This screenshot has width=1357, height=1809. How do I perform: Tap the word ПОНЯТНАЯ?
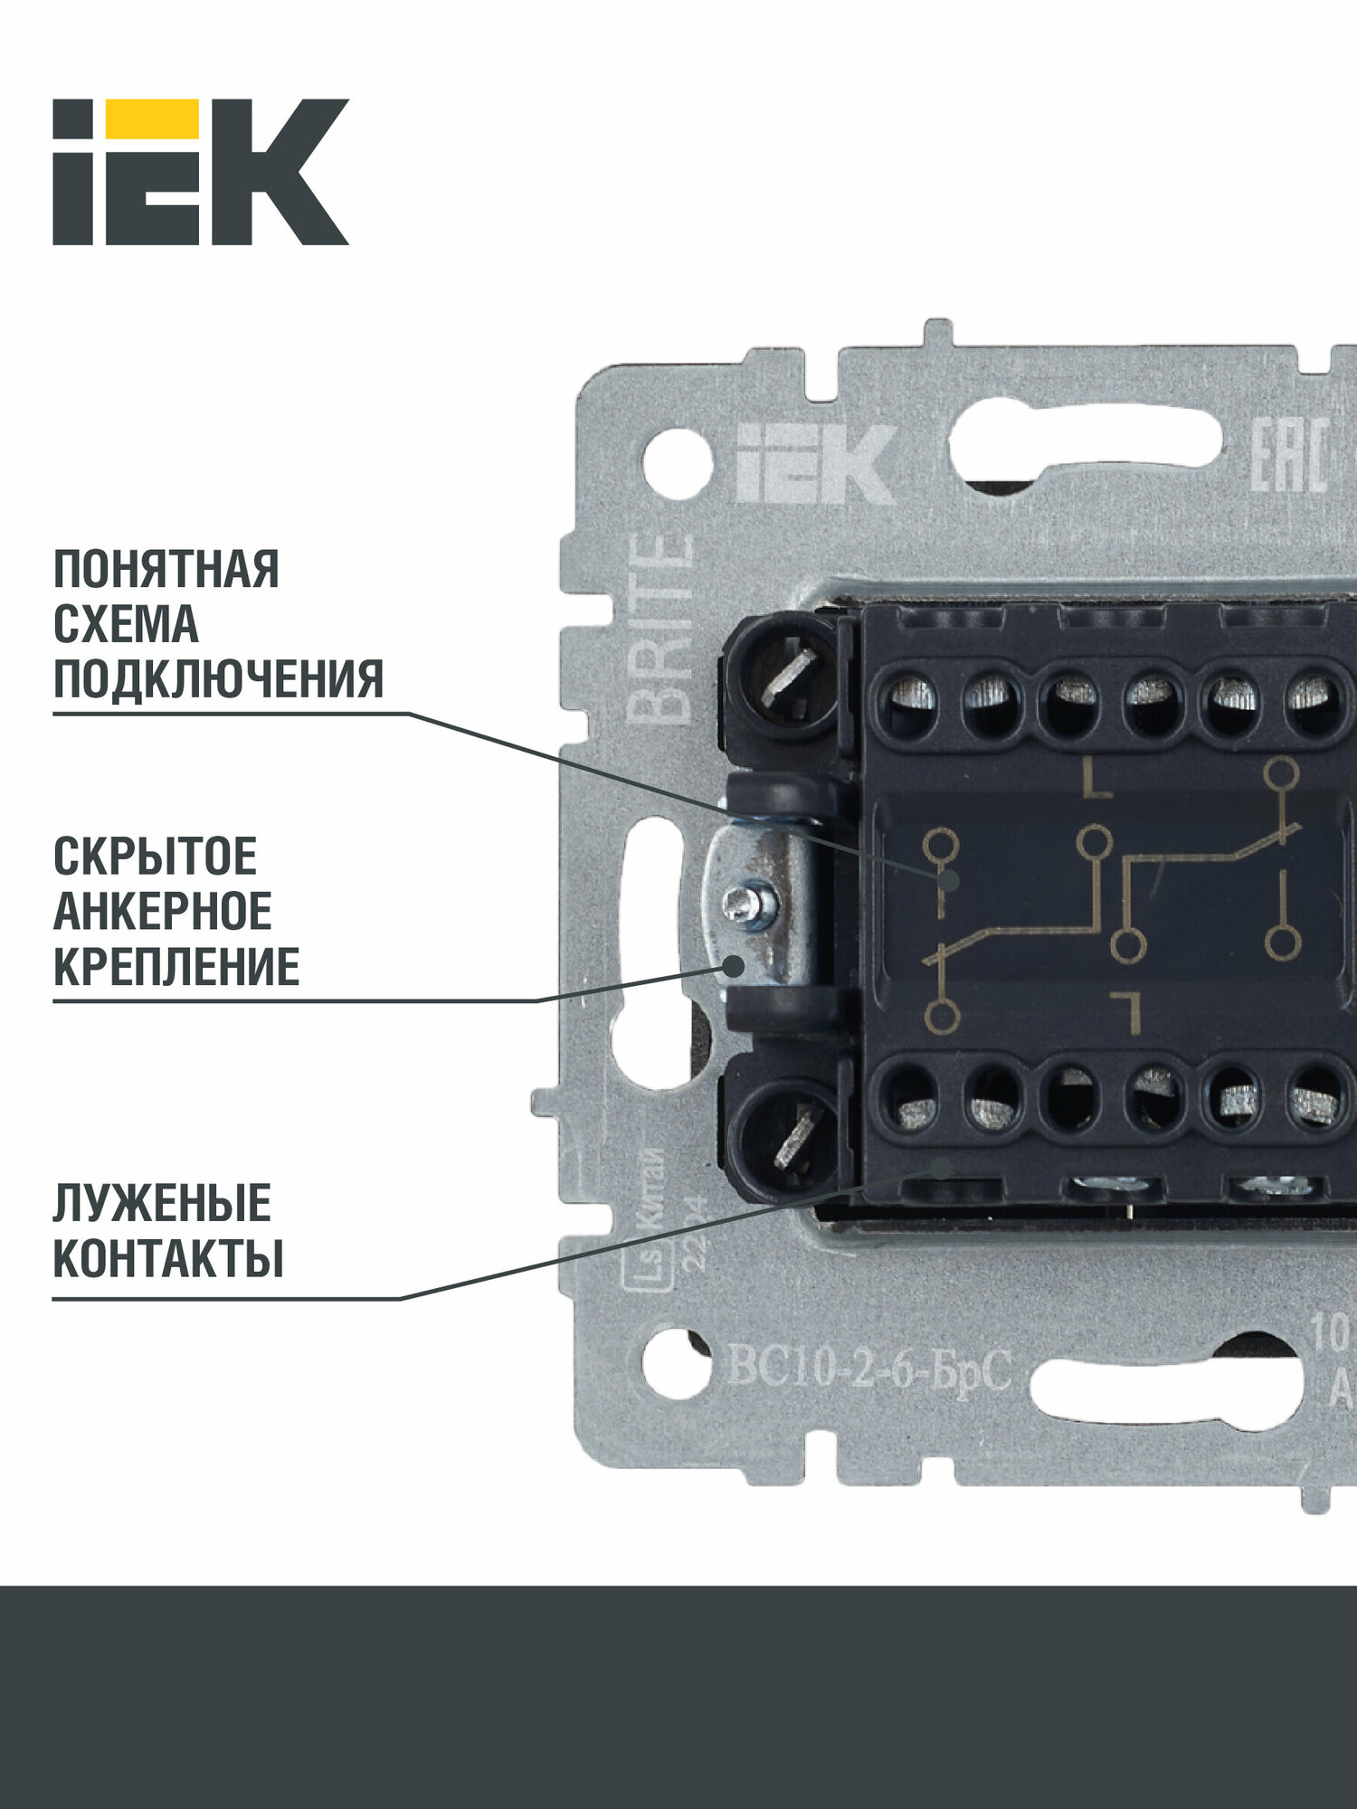click(166, 569)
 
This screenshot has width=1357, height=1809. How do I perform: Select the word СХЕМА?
click(126, 624)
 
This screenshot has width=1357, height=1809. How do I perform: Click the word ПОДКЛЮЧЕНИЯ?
click(218, 679)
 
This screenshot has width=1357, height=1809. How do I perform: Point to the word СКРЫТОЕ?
click(155, 856)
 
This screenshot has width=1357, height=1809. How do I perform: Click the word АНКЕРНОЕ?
click(163, 911)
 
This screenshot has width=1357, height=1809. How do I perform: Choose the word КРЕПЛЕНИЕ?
click(176, 967)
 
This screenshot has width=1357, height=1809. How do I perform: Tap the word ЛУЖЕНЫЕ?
click(162, 1203)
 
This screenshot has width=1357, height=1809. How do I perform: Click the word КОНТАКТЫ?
click(168, 1258)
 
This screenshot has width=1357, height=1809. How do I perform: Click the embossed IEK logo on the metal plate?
click(814, 464)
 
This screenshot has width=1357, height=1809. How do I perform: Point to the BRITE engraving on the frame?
click(660, 629)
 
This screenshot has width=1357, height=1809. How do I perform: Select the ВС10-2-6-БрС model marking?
click(868, 1372)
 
